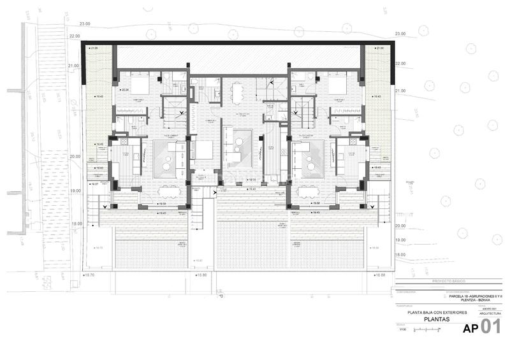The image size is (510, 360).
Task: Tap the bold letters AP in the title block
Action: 470,329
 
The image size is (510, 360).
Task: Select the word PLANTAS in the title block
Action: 437,321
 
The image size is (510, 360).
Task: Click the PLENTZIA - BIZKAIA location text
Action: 476,301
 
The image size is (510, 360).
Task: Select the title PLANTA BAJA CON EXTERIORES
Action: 437,313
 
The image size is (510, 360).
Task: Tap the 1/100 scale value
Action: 402,329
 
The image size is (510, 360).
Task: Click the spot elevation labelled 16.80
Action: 202,275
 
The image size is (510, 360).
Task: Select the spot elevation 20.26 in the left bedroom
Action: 126,90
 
